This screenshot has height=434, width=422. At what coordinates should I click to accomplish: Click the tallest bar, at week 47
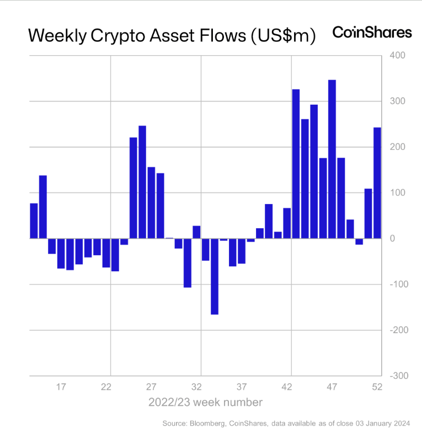tap(332, 159)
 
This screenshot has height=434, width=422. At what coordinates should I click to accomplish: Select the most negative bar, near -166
tap(214, 276)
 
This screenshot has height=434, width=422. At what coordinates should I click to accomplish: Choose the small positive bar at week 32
tap(196, 232)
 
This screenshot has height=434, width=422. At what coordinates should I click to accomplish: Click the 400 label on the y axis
tap(397, 56)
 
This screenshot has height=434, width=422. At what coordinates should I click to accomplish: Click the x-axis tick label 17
tap(61, 387)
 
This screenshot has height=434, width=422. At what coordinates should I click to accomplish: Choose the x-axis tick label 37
tap(242, 387)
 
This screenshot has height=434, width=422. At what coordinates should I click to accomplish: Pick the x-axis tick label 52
tap(377, 387)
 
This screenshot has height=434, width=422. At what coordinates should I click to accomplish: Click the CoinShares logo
tap(372, 33)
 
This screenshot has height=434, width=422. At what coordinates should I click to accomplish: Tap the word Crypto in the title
tap(117, 36)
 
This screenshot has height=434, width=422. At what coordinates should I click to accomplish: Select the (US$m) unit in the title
tap(282, 36)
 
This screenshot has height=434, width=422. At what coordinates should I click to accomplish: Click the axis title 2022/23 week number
tap(205, 403)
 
